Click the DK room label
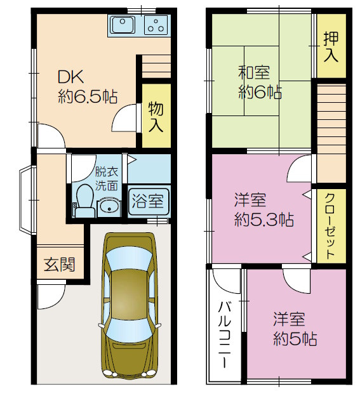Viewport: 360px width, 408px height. tap(69, 77)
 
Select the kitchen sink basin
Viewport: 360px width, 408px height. tap(123, 25)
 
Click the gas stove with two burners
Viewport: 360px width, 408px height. tap(156, 25)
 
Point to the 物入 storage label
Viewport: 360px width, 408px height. tap(156, 115)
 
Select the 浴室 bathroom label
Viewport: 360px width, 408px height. tap(149, 202)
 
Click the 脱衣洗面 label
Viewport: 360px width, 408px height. tap(107, 178)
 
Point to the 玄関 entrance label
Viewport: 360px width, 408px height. tap(59, 265)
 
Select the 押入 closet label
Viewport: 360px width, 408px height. tap(331, 47)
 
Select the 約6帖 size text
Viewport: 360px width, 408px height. tap(260, 91)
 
